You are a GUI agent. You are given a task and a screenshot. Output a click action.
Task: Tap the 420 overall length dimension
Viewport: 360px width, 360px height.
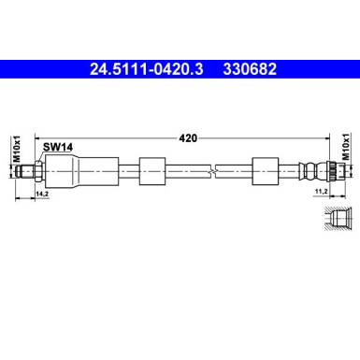pos(186,137)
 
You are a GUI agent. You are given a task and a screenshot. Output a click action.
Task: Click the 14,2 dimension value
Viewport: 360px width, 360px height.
pos(40,194)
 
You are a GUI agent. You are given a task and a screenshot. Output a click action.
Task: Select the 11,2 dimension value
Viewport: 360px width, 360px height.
pos(319,194)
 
